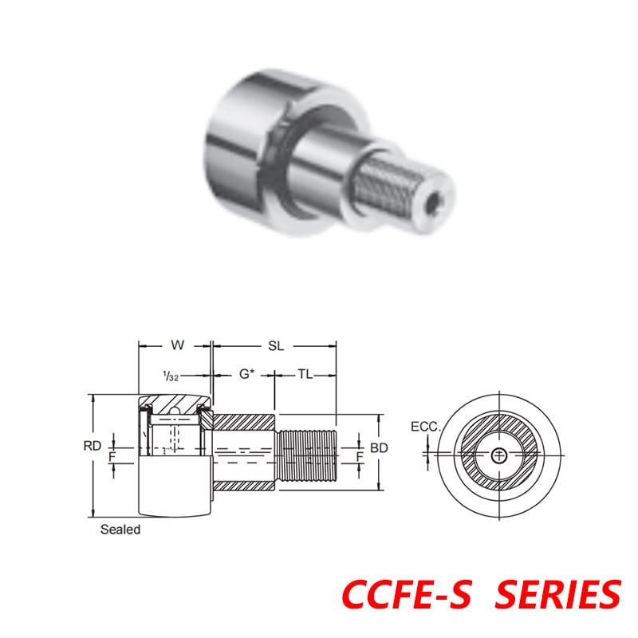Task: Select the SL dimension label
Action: coord(276,346)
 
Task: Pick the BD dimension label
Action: coord(380,448)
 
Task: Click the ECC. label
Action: coord(425,427)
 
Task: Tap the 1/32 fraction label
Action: coord(169,375)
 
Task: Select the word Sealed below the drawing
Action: coord(120,530)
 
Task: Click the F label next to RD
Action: coord(112,457)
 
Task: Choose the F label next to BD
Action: coord(360,456)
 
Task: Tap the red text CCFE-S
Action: coord(407,593)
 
